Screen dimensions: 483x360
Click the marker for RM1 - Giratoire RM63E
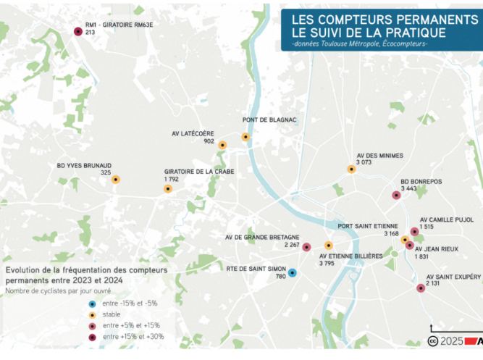78,31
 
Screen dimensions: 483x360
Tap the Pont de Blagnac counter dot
245,136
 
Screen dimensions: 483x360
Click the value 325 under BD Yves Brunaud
106,172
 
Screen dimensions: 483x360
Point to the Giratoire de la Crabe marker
168,188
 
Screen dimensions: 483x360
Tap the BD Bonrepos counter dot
396,195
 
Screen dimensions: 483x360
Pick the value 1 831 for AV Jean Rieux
423,256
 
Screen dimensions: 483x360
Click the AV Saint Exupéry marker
421,288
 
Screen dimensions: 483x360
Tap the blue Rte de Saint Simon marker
292,273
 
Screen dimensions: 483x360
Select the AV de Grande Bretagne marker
306,247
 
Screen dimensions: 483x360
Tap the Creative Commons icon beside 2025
433,340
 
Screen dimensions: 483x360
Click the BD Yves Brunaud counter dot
115,179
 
